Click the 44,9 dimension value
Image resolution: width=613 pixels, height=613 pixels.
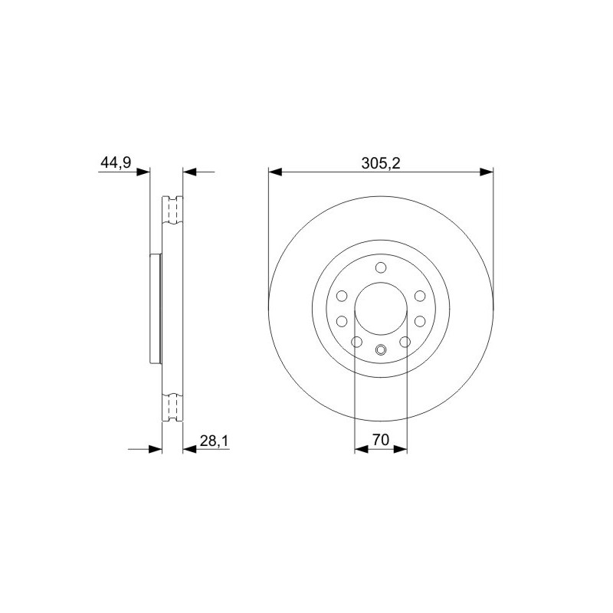pyautogui.click(x=116, y=162)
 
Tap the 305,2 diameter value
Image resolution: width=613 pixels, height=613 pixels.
pyautogui.click(x=381, y=163)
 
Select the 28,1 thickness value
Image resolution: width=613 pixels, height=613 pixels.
pyautogui.click(x=214, y=441)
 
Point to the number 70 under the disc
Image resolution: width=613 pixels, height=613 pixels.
pyautogui.click(x=381, y=440)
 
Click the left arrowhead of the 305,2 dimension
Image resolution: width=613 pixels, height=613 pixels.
pyautogui.click(x=275, y=172)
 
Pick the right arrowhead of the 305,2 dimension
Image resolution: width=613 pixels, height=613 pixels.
pyautogui.click(x=487, y=172)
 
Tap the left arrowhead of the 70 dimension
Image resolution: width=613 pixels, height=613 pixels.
pyautogui.click(x=361, y=449)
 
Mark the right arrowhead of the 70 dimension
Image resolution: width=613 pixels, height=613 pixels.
pyautogui.click(x=401, y=449)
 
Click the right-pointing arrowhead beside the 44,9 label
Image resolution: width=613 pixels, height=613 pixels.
pyautogui.click(x=143, y=172)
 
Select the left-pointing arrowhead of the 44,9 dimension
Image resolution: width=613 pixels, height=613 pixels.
pyautogui.click(x=189, y=172)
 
